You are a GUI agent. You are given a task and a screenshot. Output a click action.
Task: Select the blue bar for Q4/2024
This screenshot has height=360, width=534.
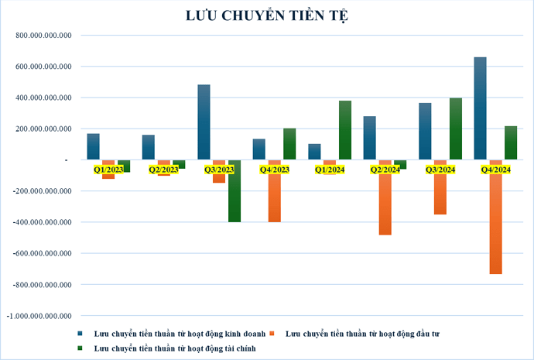coord(480,108)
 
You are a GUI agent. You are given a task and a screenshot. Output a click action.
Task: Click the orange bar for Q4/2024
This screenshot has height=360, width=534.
coord(495,217)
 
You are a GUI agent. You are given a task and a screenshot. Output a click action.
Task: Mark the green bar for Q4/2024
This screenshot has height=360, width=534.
coord(511,142)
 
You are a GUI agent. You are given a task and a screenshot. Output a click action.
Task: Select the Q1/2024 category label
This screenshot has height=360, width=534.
coord(330,170)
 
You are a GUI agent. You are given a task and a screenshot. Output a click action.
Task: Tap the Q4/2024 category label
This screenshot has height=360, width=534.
coord(495,170)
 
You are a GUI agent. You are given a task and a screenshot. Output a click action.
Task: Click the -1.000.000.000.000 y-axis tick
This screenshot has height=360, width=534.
coord(39,316)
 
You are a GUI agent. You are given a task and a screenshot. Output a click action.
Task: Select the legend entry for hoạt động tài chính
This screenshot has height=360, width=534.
coord(173,349)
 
